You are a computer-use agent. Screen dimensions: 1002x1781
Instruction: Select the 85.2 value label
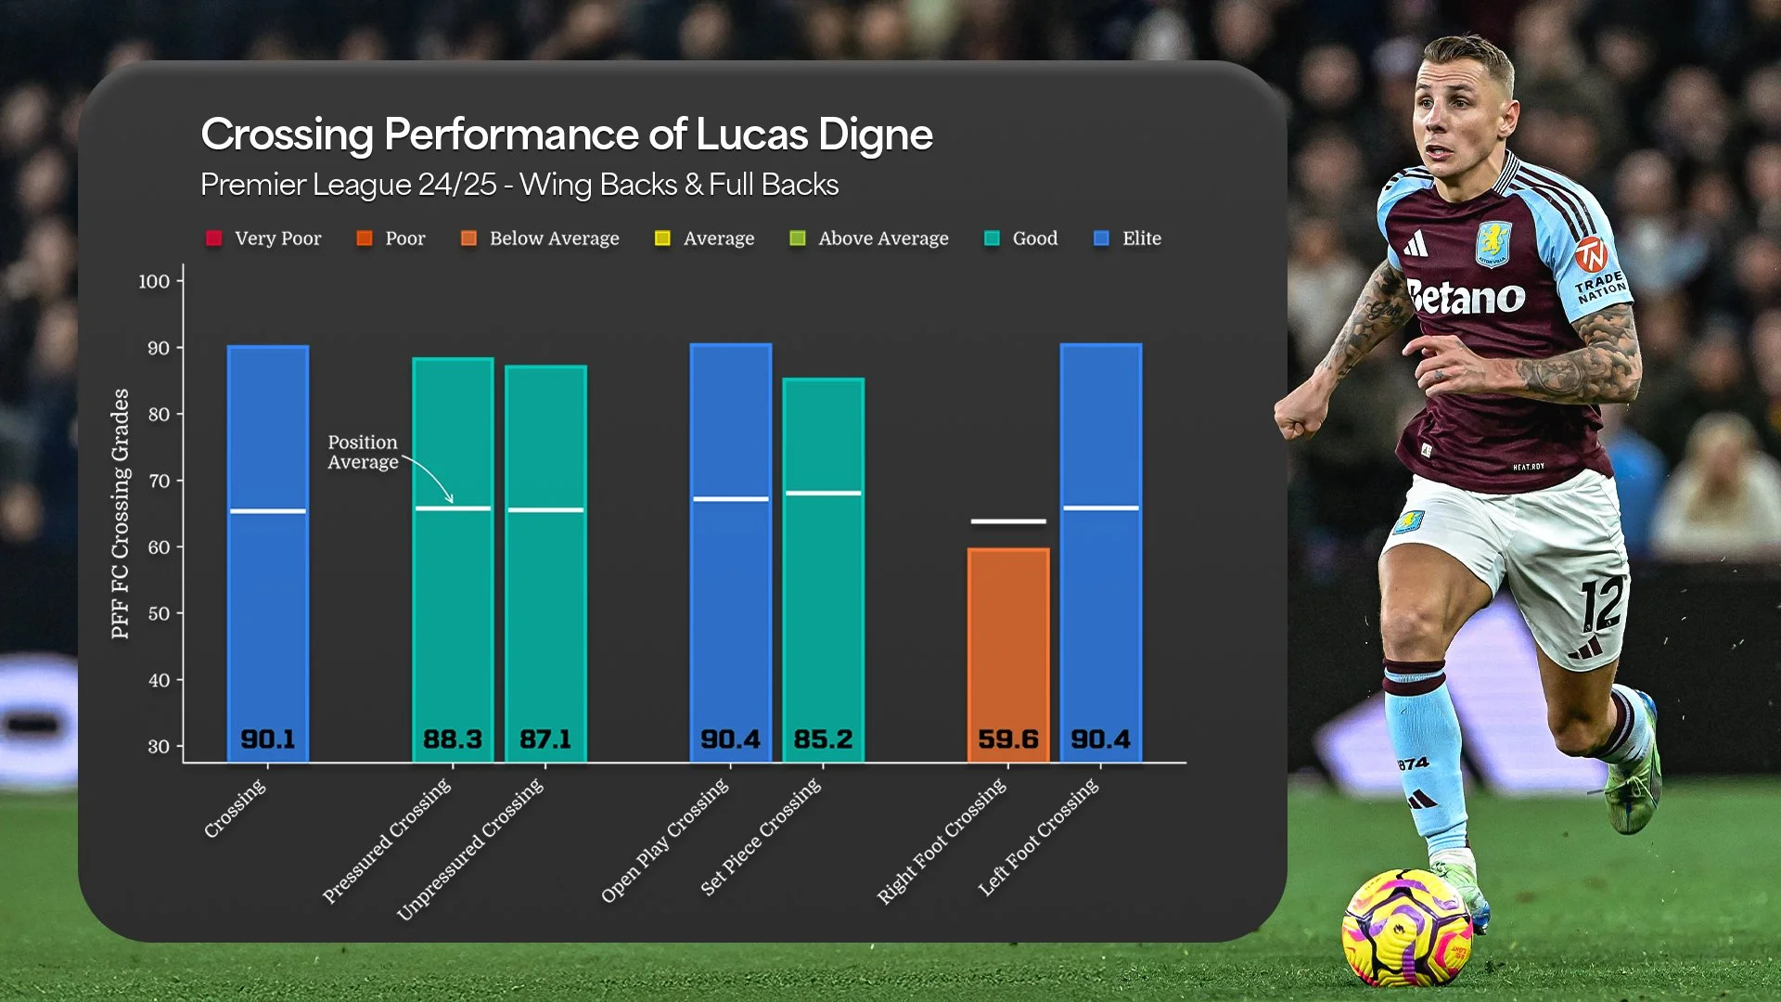click(823, 739)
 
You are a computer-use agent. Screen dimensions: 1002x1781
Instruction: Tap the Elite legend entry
click(1128, 238)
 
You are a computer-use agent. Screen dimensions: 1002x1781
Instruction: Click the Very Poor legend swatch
click(214, 238)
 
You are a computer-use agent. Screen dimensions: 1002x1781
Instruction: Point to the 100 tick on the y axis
click(154, 281)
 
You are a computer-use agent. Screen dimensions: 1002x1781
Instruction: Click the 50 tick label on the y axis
click(159, 613)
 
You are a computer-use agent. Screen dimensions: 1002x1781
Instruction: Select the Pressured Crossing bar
click(453, 557)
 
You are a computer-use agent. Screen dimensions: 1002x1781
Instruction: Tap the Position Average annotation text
click(363, 452)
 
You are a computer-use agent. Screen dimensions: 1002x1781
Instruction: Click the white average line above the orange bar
click(1008, 521)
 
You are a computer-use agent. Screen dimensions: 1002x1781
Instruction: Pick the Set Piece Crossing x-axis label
click(762, 838)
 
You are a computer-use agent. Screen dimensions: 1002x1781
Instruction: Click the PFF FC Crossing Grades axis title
click(121, 513)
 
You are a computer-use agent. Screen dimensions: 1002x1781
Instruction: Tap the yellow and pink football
click(1407, 928)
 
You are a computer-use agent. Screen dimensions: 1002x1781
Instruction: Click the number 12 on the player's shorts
click(1603, 602)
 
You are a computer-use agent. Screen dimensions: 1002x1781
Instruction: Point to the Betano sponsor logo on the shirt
click(1466, 297)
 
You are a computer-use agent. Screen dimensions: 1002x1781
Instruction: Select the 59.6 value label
click(1008, 739)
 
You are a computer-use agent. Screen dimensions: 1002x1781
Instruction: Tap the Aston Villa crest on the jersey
click(1493, 243)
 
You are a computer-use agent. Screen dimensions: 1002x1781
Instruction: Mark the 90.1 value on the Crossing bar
click(268, 739)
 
